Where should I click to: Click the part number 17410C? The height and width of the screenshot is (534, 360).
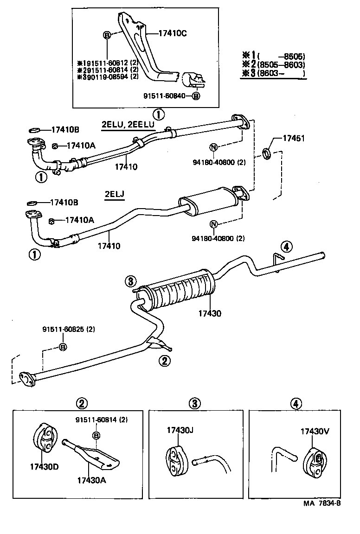(x=172, y=33)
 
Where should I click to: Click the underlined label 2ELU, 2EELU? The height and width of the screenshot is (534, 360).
(x=128, y=125)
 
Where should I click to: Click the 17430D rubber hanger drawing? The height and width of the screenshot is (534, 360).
(x=45, y=437)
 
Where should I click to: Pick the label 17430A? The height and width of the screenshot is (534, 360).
(x=92, y=480)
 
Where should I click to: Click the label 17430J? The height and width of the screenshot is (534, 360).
(x=180, y=430)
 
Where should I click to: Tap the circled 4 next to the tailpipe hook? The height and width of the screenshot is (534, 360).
(x=286, y=246)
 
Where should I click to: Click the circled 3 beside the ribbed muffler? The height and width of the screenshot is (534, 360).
(x=131, y=280)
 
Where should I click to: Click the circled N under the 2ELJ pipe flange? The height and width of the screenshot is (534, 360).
(x=213, y=225)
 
